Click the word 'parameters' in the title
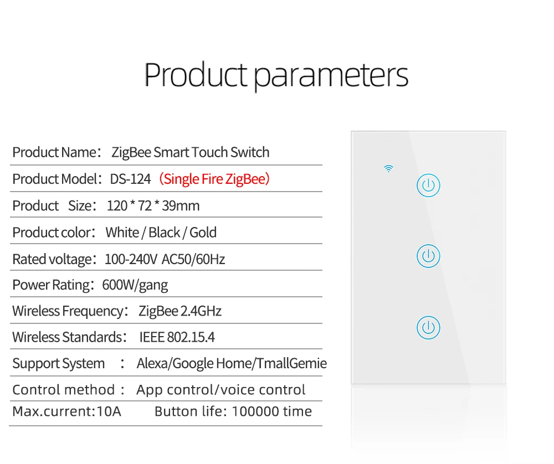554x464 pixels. [331, 75]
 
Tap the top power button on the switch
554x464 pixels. [428, 185]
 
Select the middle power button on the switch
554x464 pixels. [428, 256]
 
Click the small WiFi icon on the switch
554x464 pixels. [389, 168]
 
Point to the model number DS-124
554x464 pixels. [130, 179]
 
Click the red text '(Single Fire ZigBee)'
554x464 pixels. [214, 179]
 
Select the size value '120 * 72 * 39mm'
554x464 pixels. [153, 205]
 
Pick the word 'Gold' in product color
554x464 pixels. [203, 233]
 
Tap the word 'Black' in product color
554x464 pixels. [165, 233]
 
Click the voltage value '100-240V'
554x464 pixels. [131, 259]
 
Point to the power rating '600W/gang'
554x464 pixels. [135, 285]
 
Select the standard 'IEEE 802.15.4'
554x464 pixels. [177, 337]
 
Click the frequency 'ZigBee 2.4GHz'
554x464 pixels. [180, 311]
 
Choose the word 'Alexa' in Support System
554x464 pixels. [153, 363]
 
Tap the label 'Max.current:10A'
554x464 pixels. [67, 411]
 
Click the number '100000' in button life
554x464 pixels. [253, 411]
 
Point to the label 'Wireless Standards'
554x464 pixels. [67, 337]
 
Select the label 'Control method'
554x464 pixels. [64, 390]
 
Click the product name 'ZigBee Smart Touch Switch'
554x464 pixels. [191, 153]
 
